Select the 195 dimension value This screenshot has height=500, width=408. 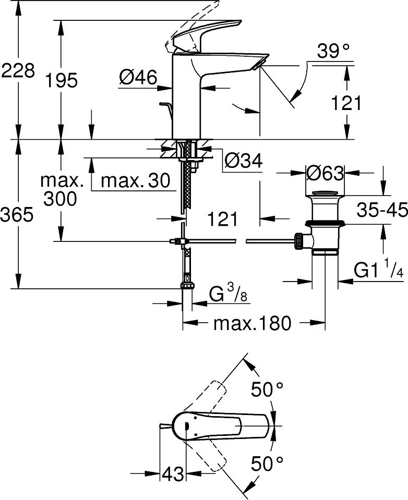click(x=61, y=80)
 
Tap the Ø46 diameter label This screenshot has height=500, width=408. click(x=138, y=78)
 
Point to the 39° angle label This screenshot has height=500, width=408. click(x=333, y=52)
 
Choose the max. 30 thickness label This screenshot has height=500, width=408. click(x=135, y=181)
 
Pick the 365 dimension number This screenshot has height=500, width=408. click(x=17, y=214)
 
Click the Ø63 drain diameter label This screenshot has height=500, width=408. click(x=325, y=173)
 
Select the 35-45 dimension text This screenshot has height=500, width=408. click(x=382, y=210)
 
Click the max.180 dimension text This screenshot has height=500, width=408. click(x=252, y=324)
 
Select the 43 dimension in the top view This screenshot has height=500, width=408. click(x=173, y=474)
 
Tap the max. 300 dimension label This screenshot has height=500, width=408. click(x=62, y=190)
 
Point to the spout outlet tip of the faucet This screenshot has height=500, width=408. click(x=259, y=63)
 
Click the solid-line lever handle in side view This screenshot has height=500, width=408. click(x=209, y=34)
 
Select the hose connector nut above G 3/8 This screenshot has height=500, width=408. click(x=187, y=285)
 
